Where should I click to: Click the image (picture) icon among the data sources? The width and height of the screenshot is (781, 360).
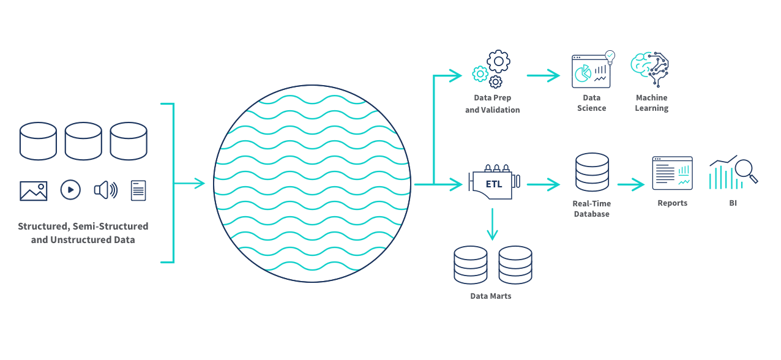pyautogui.click(x=34, y=190)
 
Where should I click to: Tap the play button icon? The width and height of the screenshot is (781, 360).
pyautogui.click(x=70, y=190)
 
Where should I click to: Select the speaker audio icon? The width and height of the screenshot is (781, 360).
pyautogui.click(x=105, y=190)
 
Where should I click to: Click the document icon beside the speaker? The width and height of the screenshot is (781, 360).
pyautogui.click(x=139, y=190)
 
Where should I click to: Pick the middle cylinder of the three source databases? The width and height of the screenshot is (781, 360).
pyautogui.click(x=83, y=141)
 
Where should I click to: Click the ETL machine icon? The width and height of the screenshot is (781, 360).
pyautogui.click(x=493, y=181)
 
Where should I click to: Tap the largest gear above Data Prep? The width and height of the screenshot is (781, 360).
pyautogui.click(x=498, y=61)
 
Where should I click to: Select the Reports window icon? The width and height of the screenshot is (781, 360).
pyautogui.click(x=672, y=173)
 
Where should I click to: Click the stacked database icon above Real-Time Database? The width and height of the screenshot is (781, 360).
pyautogui.click(x=592, y=173)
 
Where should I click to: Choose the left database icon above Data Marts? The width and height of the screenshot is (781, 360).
pyautogui.click(x=471, y=264)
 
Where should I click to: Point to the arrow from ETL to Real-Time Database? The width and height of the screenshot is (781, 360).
pyautogui.click(x=544, y=184)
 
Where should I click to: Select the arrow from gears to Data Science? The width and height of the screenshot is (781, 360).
pyautogui.click(x=544, y=75)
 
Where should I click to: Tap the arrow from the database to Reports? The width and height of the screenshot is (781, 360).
pyautogui.click(x=631, y=184)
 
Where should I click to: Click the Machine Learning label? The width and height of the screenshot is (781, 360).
pyautogui.click(x=651, y=103)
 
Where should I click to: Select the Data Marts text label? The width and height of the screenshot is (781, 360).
pyautogui.click(x=490, y=296)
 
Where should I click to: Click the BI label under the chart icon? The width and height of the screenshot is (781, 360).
pyautogui.click(x=733, y=203)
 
